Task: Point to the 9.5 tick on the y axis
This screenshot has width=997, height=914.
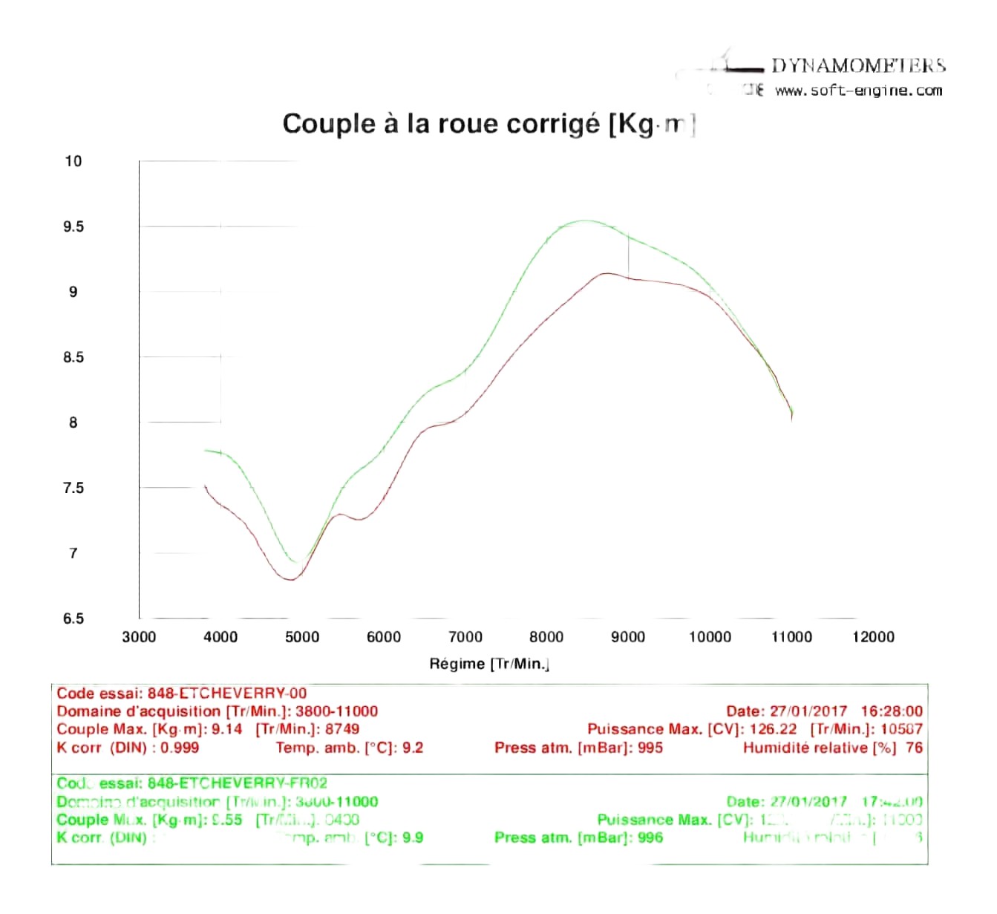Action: [x=73, y=226]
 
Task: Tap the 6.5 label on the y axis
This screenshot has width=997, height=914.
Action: [x=73, y=618]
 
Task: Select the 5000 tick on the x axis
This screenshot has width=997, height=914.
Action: [x=302, y=636]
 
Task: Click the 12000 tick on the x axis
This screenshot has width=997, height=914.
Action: [x=873, y=636]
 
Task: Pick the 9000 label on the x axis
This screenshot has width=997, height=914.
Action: [x=628, y=636]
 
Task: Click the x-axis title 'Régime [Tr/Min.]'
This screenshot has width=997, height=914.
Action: [x=488, y=664]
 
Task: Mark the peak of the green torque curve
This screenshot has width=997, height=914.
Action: [x=584, y=221]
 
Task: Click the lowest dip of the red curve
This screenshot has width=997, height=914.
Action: [x=290, y=579]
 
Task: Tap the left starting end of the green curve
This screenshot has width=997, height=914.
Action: [x=206, y=450]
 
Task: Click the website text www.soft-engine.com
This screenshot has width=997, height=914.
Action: [x=858, y=91]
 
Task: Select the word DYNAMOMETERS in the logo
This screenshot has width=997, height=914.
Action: [x=858, y=65]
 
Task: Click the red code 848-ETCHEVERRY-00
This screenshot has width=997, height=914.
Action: [x=226, y=693]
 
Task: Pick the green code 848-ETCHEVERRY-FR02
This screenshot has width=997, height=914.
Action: [x=237, y=783]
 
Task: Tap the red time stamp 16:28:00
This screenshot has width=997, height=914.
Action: [x=892, y=711]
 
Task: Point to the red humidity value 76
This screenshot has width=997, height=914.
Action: [x=914, y=748]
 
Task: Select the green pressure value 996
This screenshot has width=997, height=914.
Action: [x=650, y=838]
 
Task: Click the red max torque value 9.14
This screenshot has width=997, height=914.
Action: [x=227, y=729]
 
